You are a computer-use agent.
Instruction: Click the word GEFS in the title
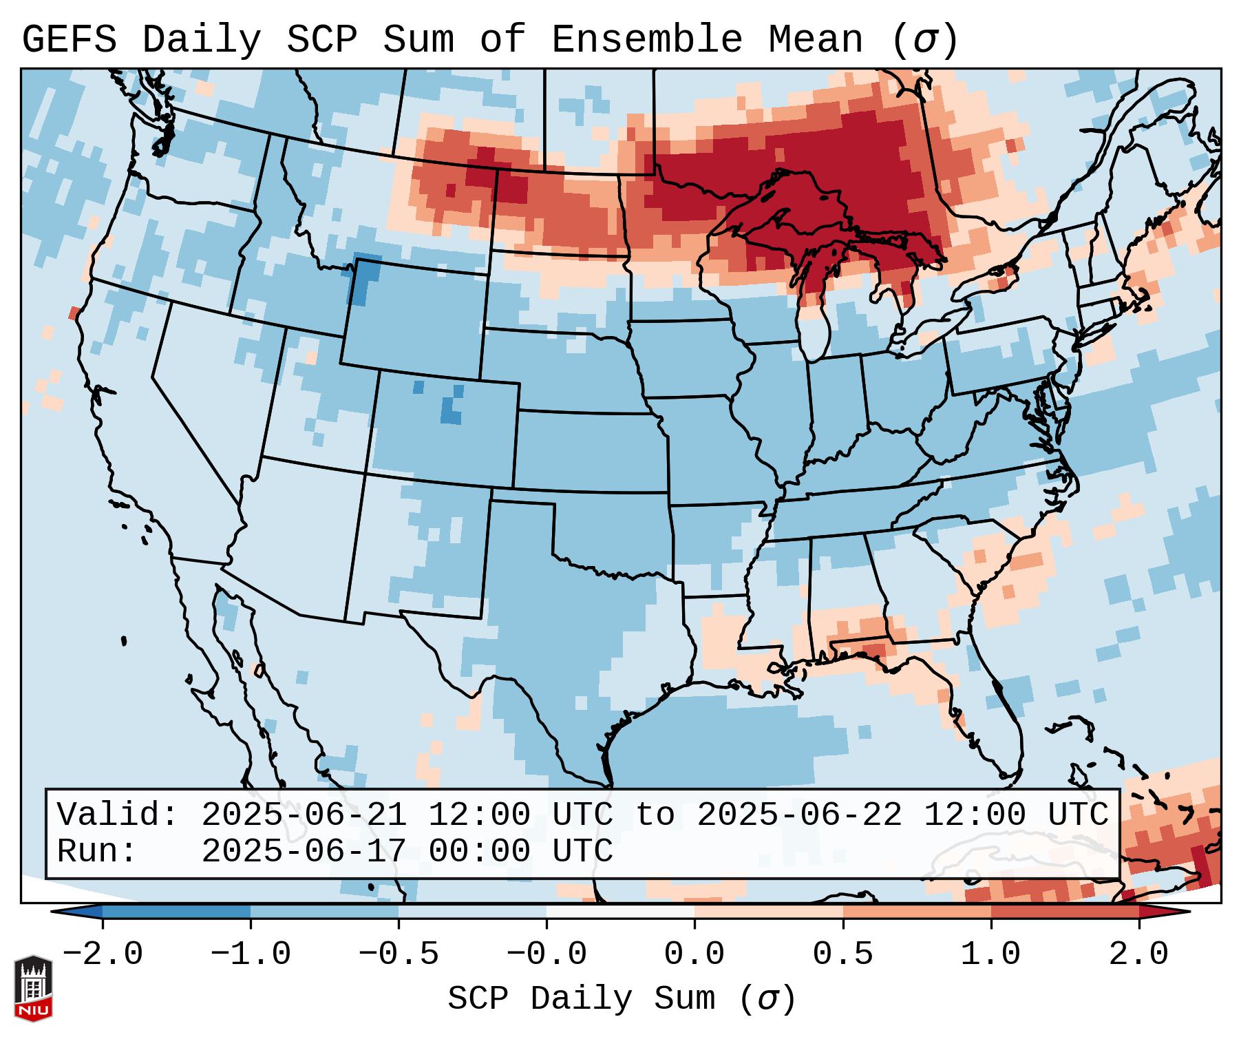pyautogui.click(x=69, y=40)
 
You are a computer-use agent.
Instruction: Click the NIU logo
pyautogui.click(x=33, y=989)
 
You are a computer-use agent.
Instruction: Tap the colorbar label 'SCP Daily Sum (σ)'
pyautogui.click(x=622, y=999)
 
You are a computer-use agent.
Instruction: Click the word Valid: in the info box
pyautogui.click(x=118, y=815)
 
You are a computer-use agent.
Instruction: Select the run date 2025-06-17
pyautogui.click(x=304, y=852)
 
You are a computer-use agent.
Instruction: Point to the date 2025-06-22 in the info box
pyautogui.click(x=799, y=815)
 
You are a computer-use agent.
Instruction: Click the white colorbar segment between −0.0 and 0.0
pyautogui.click(x=620, y=912)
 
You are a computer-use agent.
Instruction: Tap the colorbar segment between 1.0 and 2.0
pyautogui.click(x=1065, y=912)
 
